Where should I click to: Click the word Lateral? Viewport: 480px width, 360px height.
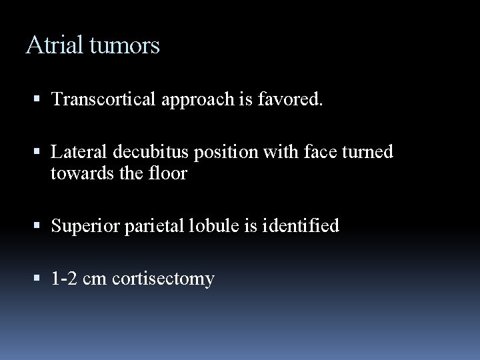(77, 153)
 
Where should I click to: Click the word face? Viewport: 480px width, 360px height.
(311, 153)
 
